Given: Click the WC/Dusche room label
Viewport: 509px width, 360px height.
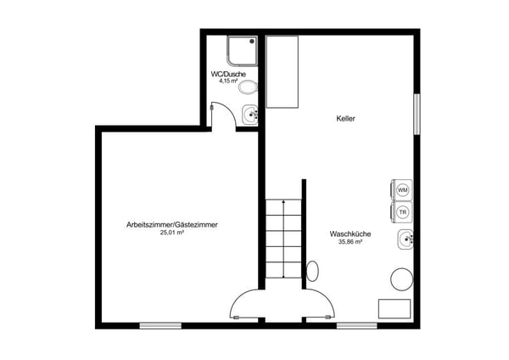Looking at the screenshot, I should point(228,75).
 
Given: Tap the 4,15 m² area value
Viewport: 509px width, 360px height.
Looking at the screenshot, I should point(228,82).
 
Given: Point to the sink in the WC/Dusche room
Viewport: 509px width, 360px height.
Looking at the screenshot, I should point(250,114).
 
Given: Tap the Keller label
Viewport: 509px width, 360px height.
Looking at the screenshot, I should point(345,119).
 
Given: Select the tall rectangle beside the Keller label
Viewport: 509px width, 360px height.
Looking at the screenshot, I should point(284,71).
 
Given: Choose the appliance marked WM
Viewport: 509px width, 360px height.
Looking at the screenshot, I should point(403,188).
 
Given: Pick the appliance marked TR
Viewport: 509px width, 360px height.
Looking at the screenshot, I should point(403,211).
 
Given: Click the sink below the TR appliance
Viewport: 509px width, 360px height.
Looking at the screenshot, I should point(405,240).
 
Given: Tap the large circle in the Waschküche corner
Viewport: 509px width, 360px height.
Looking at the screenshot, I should point(400,279).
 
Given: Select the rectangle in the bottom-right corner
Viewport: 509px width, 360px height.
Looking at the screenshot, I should point(394,308).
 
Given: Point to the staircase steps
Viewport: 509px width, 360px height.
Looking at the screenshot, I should point(281,239).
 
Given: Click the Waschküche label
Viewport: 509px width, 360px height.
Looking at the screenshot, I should point(347,233).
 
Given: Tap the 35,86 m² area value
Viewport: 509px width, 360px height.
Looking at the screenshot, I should point(347,242).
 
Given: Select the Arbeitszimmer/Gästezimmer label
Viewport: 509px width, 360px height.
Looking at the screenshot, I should point(172,224).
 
